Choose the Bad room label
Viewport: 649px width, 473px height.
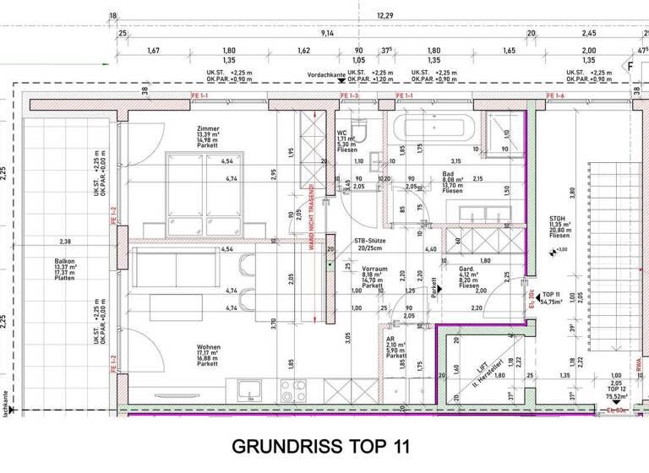click(449, 174)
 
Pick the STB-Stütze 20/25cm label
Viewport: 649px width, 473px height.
click(370, 245)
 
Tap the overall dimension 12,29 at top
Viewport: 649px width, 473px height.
click(385, 15)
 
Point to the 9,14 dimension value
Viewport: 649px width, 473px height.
click(327, 33)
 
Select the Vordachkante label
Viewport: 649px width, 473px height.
click(326, 75)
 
